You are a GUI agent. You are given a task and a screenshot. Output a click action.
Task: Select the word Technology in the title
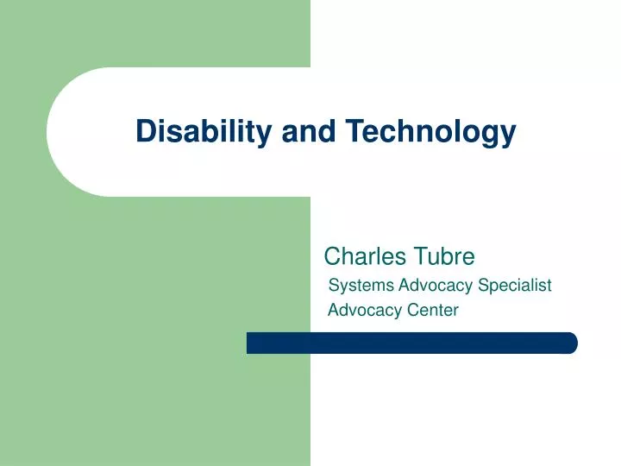(x=431, y=131)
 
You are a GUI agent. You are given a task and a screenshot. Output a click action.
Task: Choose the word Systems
(x=361, y=285)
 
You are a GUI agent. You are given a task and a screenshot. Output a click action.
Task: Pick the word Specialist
(x=515, y=285)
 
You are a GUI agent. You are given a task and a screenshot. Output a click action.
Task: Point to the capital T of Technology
(x=354, y=131)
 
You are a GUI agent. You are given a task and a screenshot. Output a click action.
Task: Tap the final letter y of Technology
(x=508, y=135)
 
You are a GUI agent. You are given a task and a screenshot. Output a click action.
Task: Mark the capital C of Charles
(x=332, y=256)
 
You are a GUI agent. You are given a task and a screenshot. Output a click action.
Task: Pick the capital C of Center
(x=411, y=310)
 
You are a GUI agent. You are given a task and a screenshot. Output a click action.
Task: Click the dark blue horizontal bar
(x=411, y=343)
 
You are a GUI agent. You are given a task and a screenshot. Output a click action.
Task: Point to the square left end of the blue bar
(x=251, y=343)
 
